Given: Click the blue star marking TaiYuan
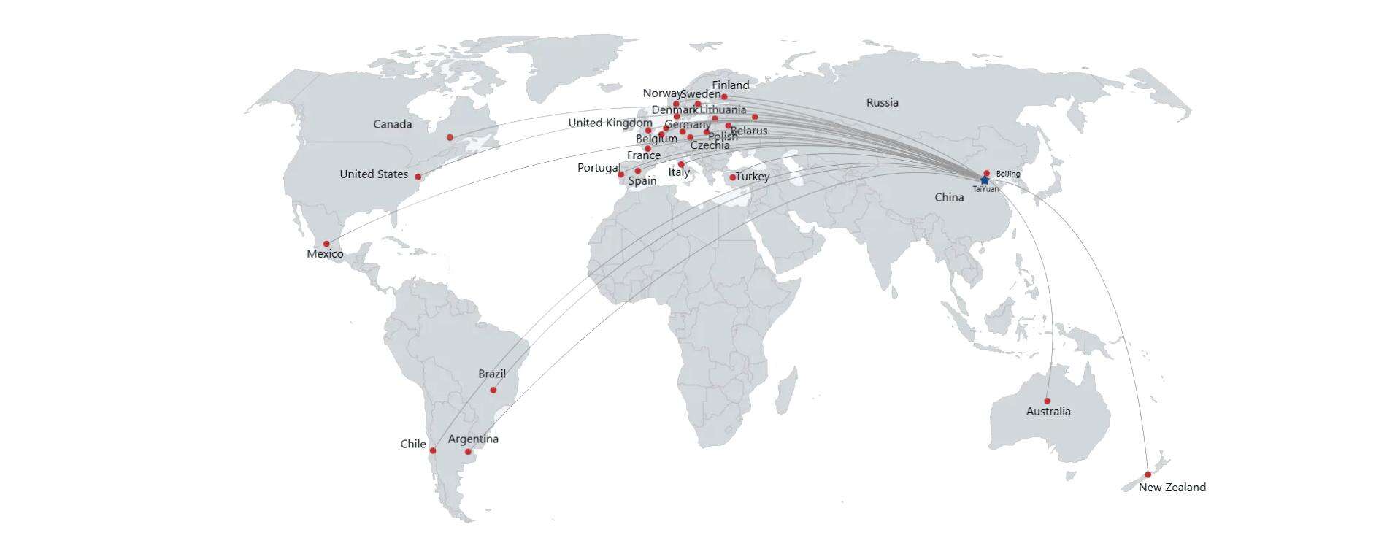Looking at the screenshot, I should click(x=984, y=180).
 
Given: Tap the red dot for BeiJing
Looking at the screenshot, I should click(x=986, y=173).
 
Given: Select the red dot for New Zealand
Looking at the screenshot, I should click(x=1148, y=474).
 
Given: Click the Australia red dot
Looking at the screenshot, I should click(x=1047, y=401).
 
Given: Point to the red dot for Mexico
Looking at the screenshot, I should click(x=326, y=244).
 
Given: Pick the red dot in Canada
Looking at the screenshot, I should click(x=450, y=137).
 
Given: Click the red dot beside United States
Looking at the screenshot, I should click(x=418, y=177).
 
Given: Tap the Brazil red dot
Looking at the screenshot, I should click(x=493, y=390).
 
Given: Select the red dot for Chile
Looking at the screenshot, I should click(x=432, y=450).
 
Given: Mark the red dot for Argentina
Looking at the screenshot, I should click(x=468, y=452).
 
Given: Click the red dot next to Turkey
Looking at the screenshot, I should click(x=732, y=177).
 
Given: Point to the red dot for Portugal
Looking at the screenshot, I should click(x=620, y=174).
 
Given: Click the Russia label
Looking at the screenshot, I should click(x=882, y=102).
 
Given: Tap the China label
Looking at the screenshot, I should click(x=949, y=197).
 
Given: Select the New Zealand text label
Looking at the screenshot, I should click(x=1172, y=488).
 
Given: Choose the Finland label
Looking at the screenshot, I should click(x=730, y=85).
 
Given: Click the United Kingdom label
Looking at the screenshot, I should click(x=610, y=123).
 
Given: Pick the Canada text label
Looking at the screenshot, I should click(x=392, y=124).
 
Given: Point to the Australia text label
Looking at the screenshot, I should click(x=1048, y=412).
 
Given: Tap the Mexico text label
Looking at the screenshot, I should click(x=325, y=254).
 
